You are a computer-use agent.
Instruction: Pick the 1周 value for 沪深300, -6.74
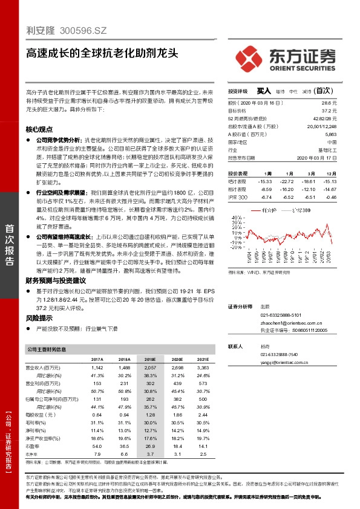264,197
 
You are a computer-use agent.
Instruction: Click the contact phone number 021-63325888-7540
279,354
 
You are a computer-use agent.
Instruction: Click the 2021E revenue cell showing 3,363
203,367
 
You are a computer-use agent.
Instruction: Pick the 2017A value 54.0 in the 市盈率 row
97,446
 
